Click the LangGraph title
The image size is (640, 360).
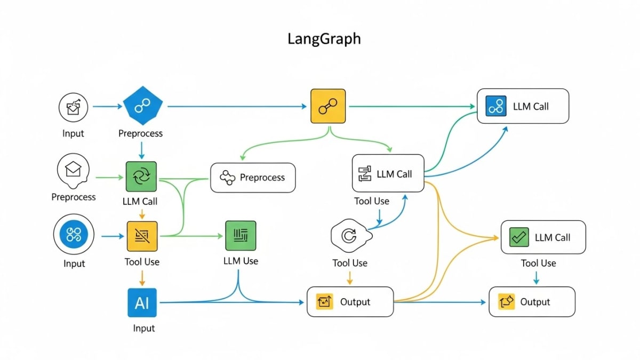(324, 39)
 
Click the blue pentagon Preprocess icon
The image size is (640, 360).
(142, 107)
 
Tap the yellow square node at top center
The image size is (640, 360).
(328, 107)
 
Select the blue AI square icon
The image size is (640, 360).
(142, 303)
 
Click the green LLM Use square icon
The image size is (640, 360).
(241, 236)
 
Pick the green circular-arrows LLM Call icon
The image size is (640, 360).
(141, 177)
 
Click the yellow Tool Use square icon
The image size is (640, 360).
(142, 236)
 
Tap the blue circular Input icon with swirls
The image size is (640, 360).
(74, 235)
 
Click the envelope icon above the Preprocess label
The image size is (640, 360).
(73, 170)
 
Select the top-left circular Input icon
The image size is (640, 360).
(73, 107)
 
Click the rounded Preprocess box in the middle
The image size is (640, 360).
(253, 178)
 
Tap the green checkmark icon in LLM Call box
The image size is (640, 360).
(519, 237)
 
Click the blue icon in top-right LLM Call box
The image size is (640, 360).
(496, 106)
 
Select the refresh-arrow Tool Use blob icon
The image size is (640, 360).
(349, 235)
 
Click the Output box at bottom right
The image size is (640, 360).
(532, 302)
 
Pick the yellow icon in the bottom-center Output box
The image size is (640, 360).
(325, 302)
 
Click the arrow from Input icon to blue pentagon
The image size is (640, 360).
(107, 107)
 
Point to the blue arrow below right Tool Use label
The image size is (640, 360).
(536, 277)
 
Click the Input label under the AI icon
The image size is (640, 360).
(144, 328)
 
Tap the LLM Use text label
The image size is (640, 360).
(241, 261)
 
